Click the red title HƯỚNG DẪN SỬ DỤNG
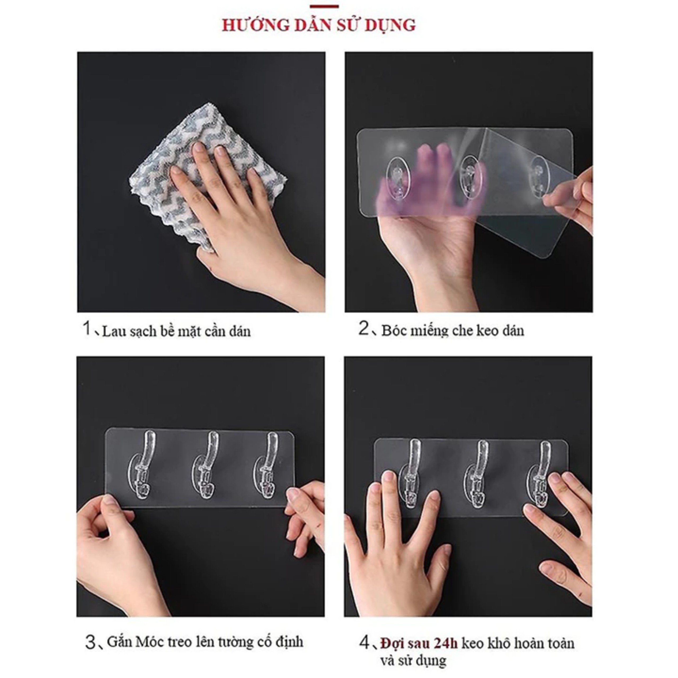(x=319, y=25)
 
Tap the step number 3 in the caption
(x=90, y=642)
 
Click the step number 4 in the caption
(x=364, y=643)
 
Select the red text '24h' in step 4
(x=446, y=643)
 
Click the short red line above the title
(x=324, y=6)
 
